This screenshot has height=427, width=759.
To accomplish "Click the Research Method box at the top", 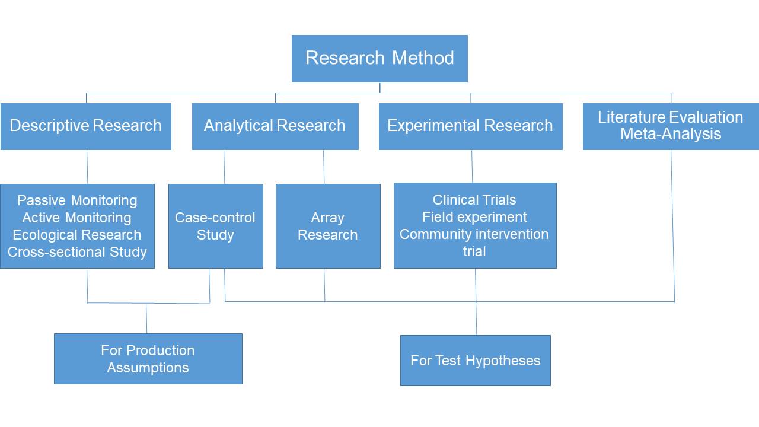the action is pos(379,59).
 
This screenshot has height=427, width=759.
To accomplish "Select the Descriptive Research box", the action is pos(86,126).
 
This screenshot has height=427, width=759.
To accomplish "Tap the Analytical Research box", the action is pos(275,126).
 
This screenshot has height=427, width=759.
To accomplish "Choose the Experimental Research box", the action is pos(471,126).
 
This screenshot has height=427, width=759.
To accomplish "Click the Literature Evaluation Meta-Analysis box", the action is pos(671,126).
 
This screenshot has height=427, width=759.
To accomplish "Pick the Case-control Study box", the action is pos(215,226).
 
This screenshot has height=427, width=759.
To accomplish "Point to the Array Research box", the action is pos(328,226).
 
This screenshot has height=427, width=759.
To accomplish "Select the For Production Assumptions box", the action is pos(148,359).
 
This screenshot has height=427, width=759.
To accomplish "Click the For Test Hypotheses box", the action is pos(476,360).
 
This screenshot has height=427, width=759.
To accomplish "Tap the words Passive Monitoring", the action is pos(77,200).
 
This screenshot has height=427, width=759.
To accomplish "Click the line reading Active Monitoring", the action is pos(77,218).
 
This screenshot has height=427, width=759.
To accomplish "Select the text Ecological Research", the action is pos(77,235).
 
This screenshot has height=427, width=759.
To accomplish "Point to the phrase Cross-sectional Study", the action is pos(77,252).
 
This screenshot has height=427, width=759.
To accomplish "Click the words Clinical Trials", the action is pos(474,200).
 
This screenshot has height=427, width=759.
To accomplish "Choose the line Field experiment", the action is pos(474,217).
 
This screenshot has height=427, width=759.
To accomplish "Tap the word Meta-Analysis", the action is pos(671,133).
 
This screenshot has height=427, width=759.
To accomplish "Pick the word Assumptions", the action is pos(148,368).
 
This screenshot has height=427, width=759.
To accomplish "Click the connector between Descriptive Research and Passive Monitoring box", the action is pos(87,167).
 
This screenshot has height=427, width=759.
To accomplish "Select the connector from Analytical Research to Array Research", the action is pos(324,167).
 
